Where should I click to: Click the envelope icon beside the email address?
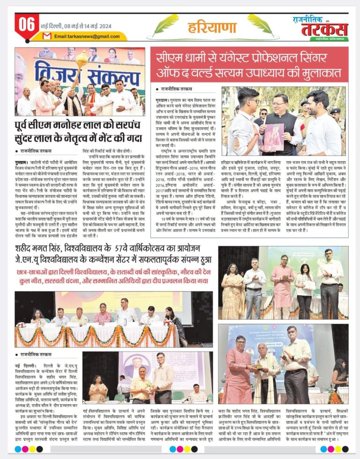tap(47, 36)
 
